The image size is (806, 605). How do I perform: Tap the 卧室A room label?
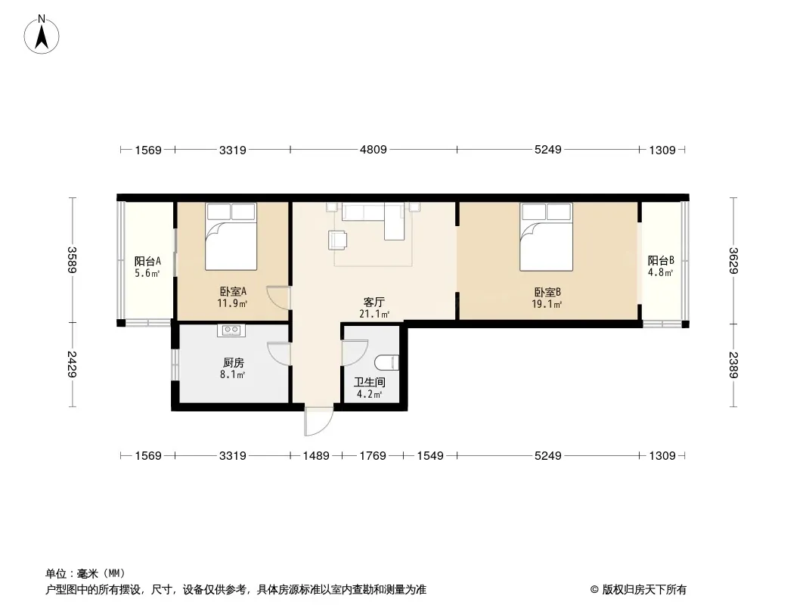[233, 292]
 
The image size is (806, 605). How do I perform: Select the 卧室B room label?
[547, 293]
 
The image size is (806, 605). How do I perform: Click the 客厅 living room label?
[374, 302]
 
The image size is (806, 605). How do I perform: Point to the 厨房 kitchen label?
[233, 363]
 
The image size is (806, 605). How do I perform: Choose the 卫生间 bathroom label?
[370, 383]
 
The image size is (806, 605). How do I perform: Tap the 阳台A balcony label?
[147, 261]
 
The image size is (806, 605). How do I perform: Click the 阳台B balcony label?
[661, 261]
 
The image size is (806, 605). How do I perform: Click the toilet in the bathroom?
[386, 362]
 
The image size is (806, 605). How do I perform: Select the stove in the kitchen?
[231, 330]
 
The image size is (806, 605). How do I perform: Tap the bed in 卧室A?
[231, 237]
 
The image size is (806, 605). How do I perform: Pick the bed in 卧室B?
[546, 237]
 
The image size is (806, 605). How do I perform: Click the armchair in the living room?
[338, 240]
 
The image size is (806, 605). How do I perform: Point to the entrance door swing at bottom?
[319, 421]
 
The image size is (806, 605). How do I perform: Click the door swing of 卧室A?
[278, 298]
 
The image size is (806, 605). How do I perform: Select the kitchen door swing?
[279, 354]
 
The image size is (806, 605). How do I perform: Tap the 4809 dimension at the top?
[374, 150]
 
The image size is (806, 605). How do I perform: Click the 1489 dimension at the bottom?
[315, 455]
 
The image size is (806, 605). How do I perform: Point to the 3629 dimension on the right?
[733, 261]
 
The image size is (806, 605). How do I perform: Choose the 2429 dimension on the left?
[72, 364]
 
